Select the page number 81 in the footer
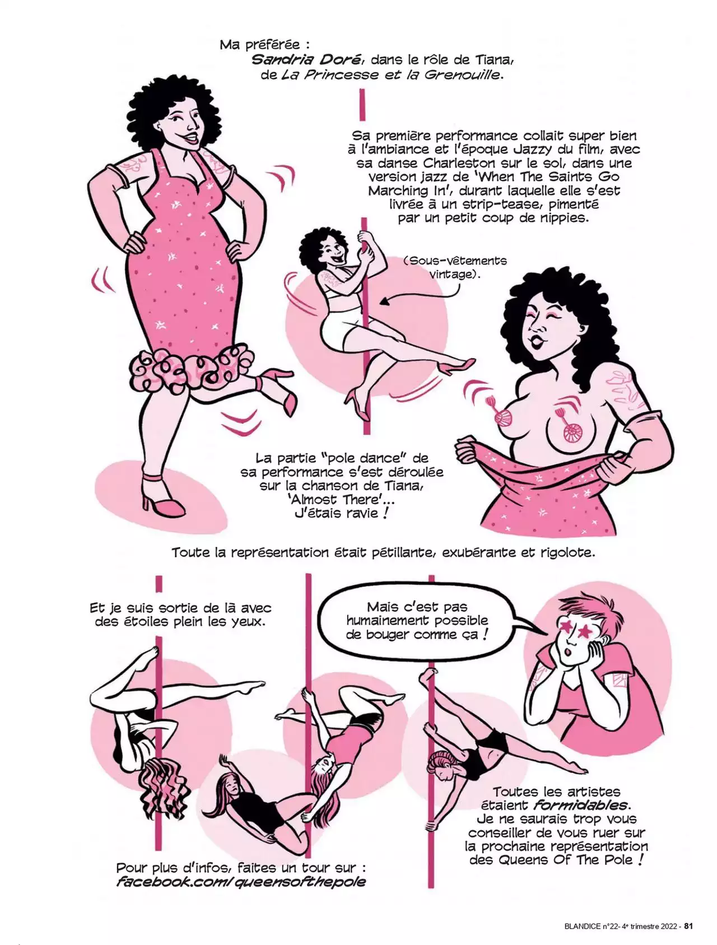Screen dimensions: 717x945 (689, 926)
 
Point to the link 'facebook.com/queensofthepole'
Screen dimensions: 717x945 (241, 882)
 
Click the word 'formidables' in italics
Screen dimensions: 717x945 (580, 806)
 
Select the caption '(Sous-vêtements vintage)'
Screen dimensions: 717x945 (454, 267)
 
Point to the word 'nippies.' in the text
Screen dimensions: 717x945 (561, 218)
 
